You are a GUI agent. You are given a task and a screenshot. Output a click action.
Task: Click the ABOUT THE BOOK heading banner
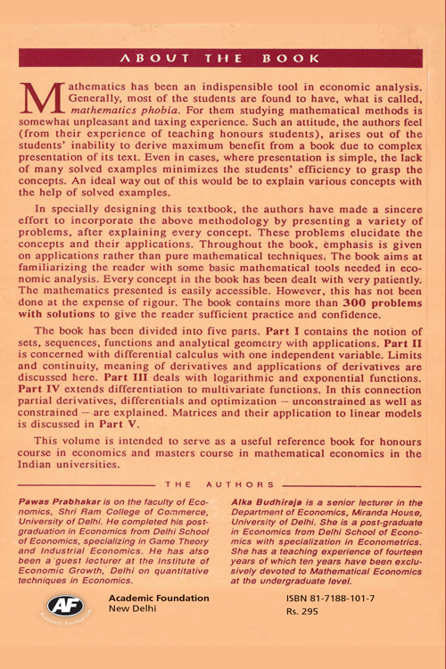pos(223,59)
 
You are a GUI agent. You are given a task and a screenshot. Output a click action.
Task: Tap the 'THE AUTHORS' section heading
pos(222,484)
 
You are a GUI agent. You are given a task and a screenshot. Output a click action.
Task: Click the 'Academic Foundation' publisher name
pos(158,598)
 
